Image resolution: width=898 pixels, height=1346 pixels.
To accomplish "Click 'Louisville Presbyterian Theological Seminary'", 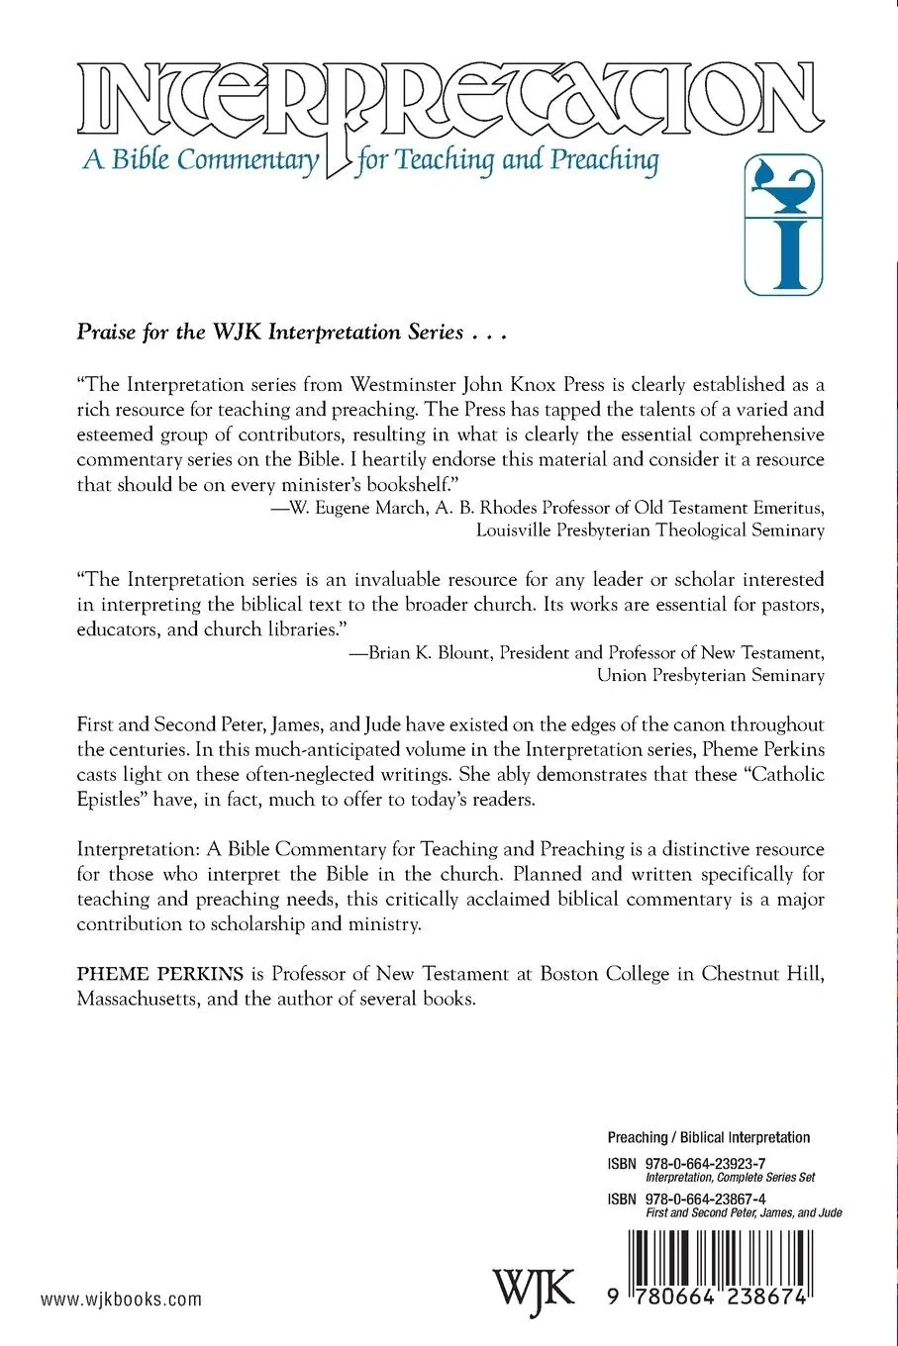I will [x=649, y=530].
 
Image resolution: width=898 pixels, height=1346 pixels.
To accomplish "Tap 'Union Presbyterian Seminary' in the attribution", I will [x=710, y=676].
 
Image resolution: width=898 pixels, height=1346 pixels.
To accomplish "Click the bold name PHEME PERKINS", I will [x=140, y=974].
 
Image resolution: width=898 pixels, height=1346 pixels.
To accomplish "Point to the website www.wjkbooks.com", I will [x=122, y=1298].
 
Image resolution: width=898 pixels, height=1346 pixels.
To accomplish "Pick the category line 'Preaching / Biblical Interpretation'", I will [x=708, y=1138].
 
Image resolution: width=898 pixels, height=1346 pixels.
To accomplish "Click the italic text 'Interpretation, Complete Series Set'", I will [x=730, y=1178].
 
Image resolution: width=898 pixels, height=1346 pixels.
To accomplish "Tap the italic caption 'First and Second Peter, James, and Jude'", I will [x=743, y=1212].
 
